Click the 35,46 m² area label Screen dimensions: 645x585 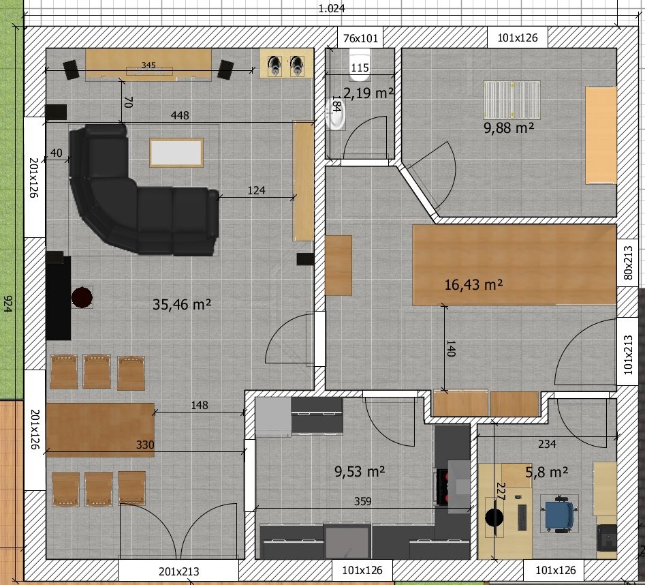182,304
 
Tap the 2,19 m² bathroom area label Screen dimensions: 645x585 368,93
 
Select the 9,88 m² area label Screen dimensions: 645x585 509,128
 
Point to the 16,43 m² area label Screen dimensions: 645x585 473,284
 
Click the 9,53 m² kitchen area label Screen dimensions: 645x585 360,471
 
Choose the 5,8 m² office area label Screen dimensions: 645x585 547,472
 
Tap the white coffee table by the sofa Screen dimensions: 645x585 176,153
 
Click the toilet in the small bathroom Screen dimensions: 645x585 360,65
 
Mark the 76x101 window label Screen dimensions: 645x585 360,38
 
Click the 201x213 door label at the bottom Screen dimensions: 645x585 179,571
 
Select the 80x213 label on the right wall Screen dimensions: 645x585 628,262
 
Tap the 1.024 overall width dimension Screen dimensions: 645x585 332,8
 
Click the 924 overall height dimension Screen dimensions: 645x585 7,304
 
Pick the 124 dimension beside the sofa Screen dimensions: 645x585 256,190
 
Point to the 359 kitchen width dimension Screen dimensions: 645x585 362,501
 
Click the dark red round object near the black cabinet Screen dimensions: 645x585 82,297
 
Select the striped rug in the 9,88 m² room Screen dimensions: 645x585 512,100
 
